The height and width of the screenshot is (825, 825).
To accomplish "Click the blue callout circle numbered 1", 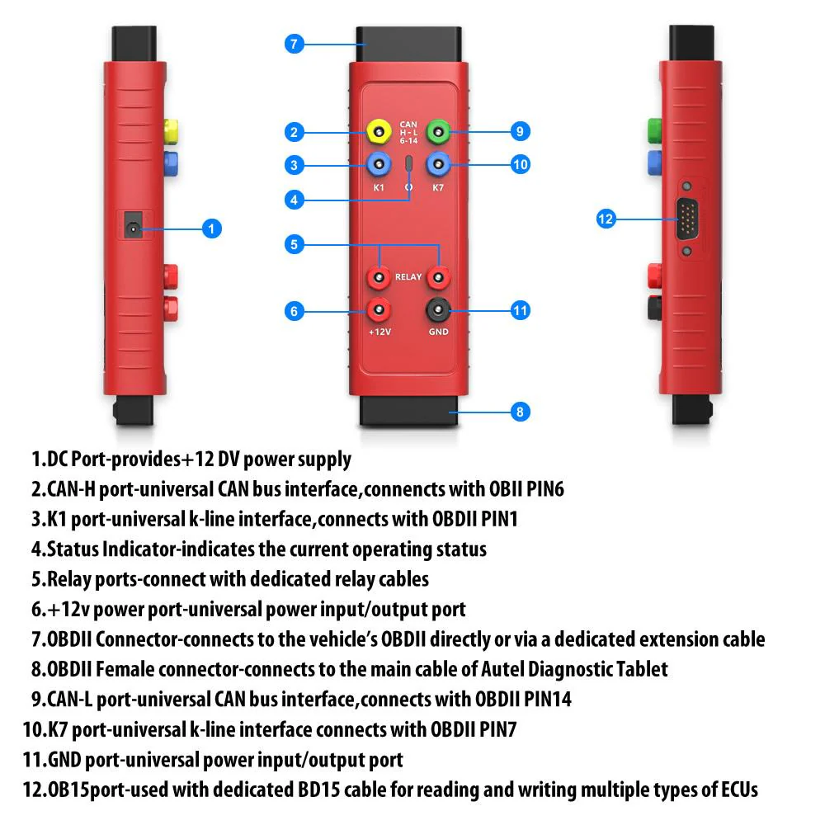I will pyautogui.click(x=212, y=229).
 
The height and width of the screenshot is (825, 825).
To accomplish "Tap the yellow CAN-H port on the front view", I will pyautogui.click(x=379, y=131).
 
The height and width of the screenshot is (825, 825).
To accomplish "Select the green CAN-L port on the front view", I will pyautogui.click(x=439, y=131).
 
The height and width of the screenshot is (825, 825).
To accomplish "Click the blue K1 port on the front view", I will pyautogui.click(x=379, y=164).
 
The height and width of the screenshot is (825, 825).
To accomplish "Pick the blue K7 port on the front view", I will pyautogui.click(x=439, y=164).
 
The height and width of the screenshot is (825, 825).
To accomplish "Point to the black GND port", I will pyautogui.click(x=438, y=310).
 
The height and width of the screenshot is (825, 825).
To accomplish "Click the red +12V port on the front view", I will pyautogui.click(x=379, y=310).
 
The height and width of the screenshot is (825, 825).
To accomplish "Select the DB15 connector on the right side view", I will pyautogui.click(x=686, y=219).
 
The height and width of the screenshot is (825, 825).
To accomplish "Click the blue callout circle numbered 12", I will pyautogui.click(x=606, y=219).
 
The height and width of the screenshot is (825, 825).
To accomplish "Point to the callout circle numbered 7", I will pyautogui.click(x=295, y=44).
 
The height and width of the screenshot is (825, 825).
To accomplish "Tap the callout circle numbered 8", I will pyautogui.click(x=520, y=411).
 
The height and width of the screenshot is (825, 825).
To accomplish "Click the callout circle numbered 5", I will pyautogui.click(x=295, y=244).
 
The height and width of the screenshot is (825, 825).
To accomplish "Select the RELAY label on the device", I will pyautogui.click(x=408, y=278).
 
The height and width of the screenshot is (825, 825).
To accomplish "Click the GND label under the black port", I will pyautogui.click(x=438, y=332).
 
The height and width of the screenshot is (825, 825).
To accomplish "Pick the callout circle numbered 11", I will pyautogui.click(x=520, y=311).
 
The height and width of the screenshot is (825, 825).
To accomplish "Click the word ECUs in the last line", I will pyautogui.click(x=733, y=790).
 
